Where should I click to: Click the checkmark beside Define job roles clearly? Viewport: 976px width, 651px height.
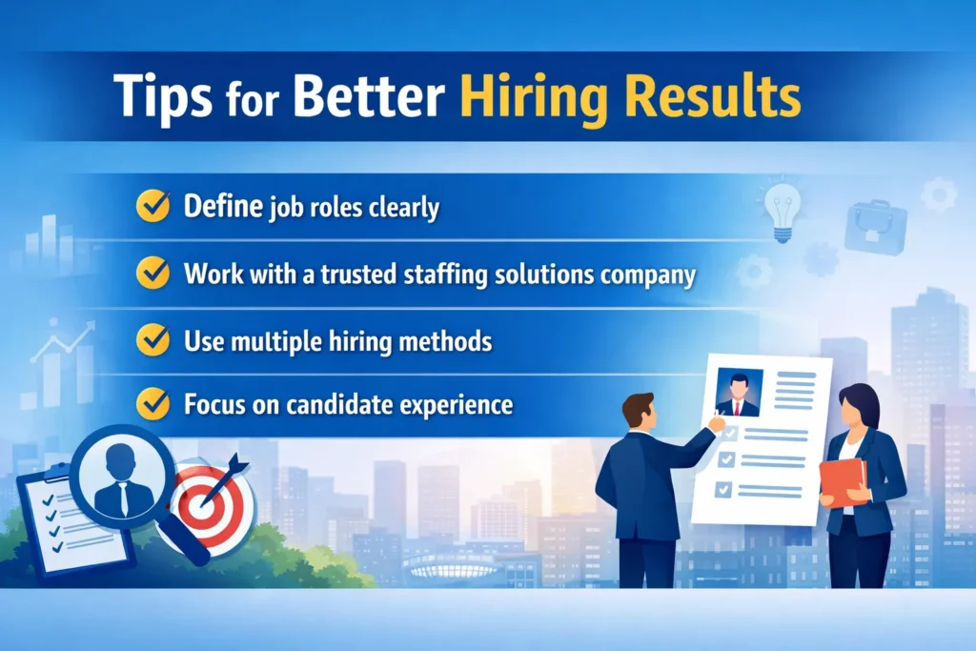(x=152, y=205)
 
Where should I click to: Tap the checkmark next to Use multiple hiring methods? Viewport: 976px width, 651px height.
(x=152, y=339)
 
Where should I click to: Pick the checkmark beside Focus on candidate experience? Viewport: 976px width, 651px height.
(x=152, y=404)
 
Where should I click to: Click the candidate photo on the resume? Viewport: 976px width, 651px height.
(x=738, y=393)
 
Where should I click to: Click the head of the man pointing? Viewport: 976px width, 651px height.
(x=636, y=413)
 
